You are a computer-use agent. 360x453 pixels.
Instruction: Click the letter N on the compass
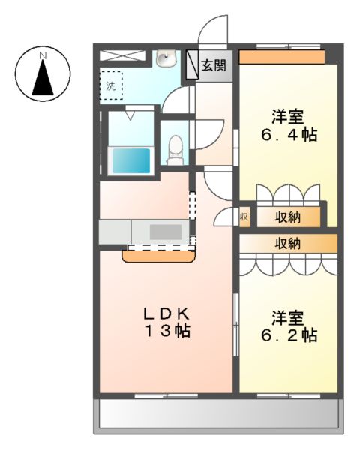pyautogui.click(x=43, y=55)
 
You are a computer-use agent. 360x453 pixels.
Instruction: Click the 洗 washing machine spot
pyautogui.click(x=111, y=86)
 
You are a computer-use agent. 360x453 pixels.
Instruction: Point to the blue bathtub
pyautogui.click(x=130, y=160)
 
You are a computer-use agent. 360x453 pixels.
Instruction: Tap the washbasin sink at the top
pyautogui.click(x=165, y=58)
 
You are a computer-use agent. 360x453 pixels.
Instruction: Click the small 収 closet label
pyautogui.click(x=244, y=217)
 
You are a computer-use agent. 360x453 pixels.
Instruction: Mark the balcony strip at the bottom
pyautogui.click(x=217, y=413)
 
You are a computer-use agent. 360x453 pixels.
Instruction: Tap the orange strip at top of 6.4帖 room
pyautogui.click(x=281, y=57)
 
